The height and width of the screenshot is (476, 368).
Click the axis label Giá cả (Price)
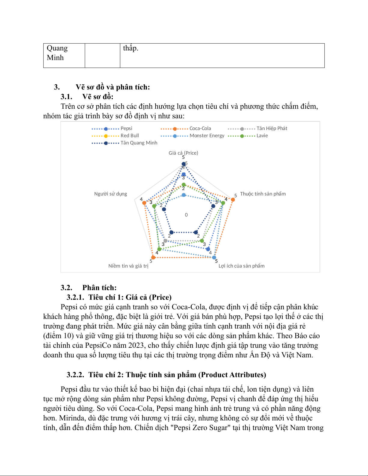[x=183, y=153]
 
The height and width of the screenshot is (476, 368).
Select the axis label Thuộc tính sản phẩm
[x=263, y=194]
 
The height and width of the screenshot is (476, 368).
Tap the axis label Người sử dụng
[x=111, y=194]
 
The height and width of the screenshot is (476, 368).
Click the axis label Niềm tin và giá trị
[x=128, y=266]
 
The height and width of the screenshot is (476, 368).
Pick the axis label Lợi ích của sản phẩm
[x=242, y=266]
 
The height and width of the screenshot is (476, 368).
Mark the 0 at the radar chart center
[x=186, y=215]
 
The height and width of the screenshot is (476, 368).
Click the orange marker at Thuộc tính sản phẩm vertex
[x=233, y=200]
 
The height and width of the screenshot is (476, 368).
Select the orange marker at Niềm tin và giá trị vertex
[x=153, y=257]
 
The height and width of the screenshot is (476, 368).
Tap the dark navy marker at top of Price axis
[x=184, y=164]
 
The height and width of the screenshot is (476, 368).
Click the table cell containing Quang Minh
[x=57, y=53]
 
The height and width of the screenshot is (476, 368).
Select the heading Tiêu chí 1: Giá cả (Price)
[x=130, y=297]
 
